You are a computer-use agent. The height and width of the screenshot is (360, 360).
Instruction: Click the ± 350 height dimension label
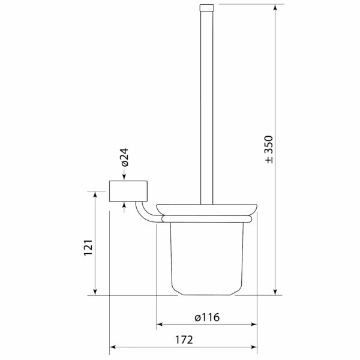(x=269, y=149)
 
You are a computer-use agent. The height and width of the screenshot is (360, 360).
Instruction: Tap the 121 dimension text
(x=88, y=247)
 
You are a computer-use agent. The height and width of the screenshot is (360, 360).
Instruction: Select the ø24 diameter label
(x=125, y=157)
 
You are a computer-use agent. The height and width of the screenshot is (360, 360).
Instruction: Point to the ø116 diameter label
(x=207, y=317)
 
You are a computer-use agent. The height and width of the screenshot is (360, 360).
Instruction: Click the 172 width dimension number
(x=184, y=340)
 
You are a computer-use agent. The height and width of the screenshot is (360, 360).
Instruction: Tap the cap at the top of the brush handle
(x=206, y=8)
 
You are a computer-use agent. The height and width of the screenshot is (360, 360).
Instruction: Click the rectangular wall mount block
(x=128, y=191)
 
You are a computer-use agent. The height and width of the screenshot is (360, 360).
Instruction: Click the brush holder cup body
(x=207, y=259)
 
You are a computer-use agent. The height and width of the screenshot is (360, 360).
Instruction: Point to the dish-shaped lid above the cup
(x=206, y=209)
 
